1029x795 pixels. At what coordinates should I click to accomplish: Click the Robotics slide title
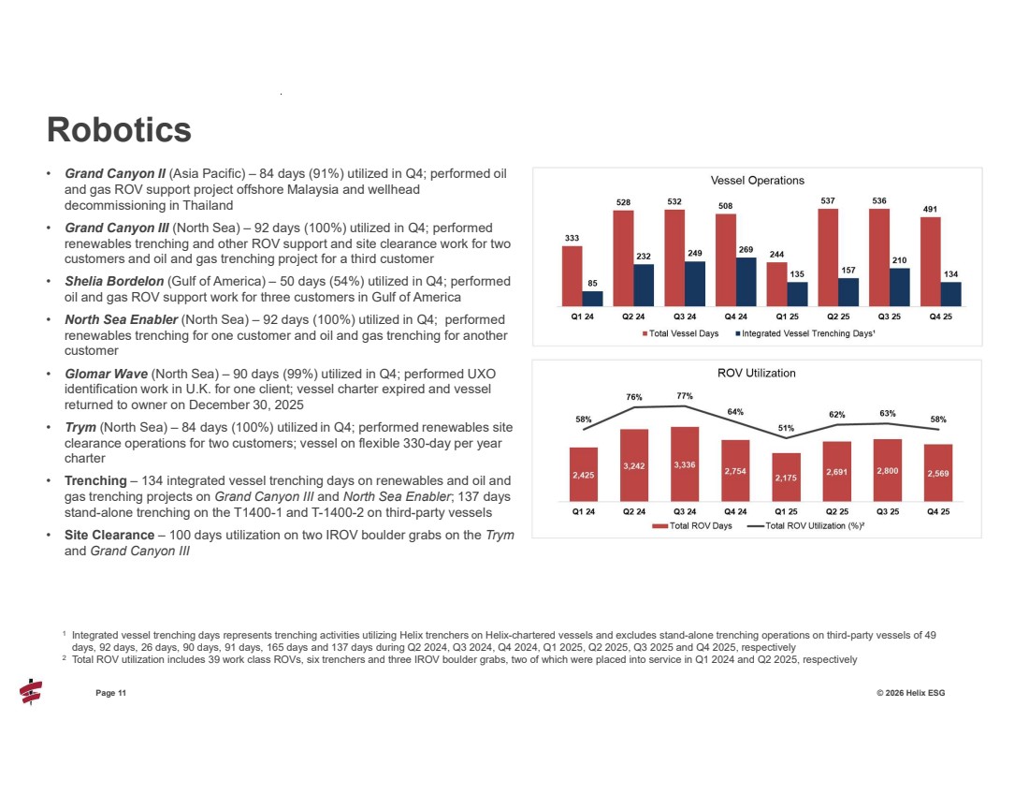[x=120, y=129]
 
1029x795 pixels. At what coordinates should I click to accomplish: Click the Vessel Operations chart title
[x=757, y=180]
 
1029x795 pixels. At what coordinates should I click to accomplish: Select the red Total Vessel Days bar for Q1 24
[x=572, y=275]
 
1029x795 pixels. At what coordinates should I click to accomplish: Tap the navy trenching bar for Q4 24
[x=746, y=282]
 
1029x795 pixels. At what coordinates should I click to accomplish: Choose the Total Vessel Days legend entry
[x=679, y=333]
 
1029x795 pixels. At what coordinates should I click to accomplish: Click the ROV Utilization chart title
[x=757, y=373]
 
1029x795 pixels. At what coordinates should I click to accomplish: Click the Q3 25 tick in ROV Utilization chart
[x=887, y=511]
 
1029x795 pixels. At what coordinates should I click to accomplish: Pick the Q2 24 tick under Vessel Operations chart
[x=632, y=317]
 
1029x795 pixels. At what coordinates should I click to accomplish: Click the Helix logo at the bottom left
[x=31, y=693]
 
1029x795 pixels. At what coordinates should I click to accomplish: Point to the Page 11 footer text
[x=110, y=692]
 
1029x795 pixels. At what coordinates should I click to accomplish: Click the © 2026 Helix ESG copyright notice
[x=906, y=692]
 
